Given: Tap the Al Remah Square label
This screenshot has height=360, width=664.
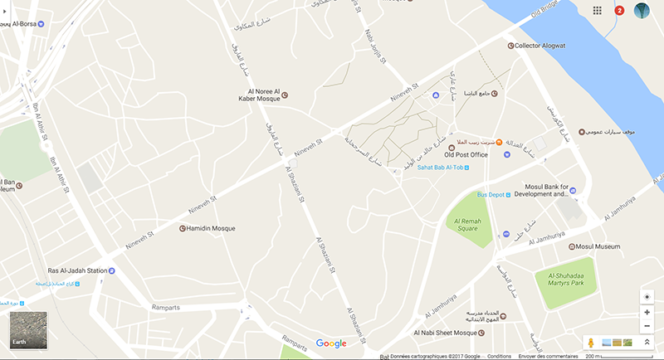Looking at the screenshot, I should pyautogui.click(x=466, y=224).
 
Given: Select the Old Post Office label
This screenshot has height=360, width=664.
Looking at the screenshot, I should pyautogui.click(x=466, y=153).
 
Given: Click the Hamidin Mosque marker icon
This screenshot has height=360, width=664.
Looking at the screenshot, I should pyautogui.click(x=183, y=228).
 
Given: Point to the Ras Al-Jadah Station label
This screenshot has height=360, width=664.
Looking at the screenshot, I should pyautogui.click(x=66, y=270).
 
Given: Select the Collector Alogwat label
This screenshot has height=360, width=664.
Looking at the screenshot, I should pyautogui.click(x=539, y=46).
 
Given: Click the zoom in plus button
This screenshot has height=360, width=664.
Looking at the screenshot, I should pyautogui.click(x=647, y=313).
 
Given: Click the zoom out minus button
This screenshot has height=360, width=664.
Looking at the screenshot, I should pyautogui.click(x=647, y=326).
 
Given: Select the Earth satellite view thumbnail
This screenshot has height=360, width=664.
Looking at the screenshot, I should pyautogui.click(x=27, y=330).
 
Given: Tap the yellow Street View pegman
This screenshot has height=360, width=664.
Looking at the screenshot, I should pyautogui.click(x=591, y=342).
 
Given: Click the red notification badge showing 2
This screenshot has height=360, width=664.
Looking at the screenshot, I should pyautogui.click(x=619, y=11).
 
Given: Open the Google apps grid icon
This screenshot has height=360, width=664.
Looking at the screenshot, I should pyautogui.click(x=597, y=11).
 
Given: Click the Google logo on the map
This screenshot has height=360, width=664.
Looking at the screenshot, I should pyautogui.click(x=331, y=343).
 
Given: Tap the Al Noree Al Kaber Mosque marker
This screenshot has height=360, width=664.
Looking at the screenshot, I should pyautogui.click(x=286, y=95).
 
